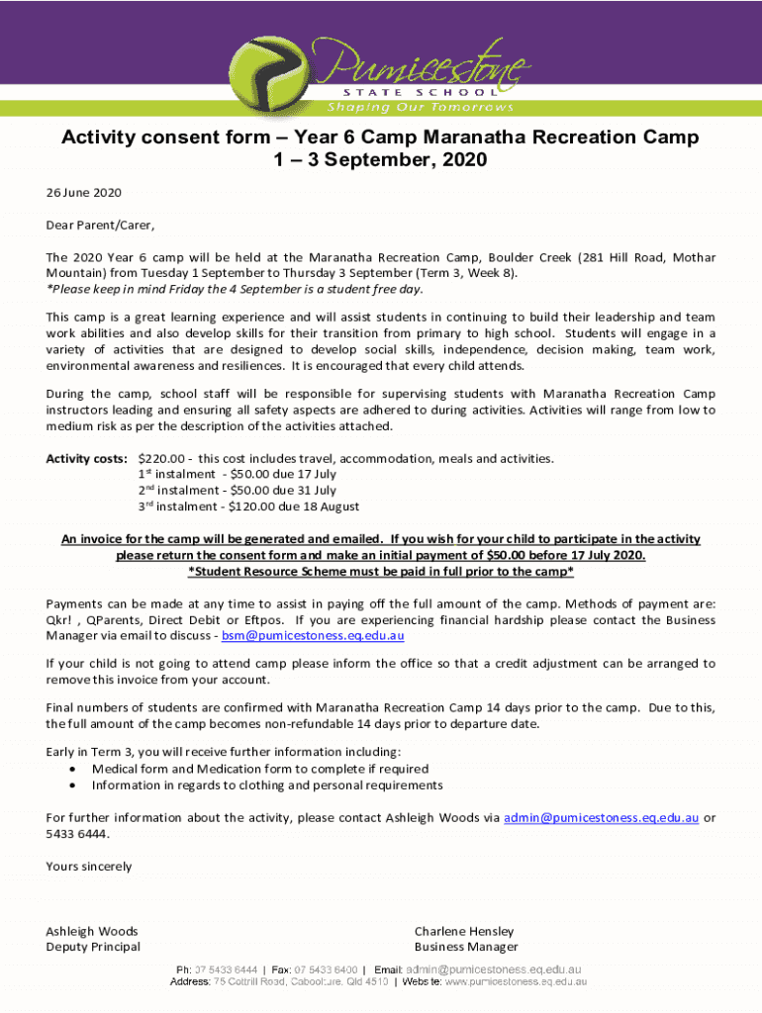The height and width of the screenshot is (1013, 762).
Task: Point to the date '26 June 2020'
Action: [x=83, y=192]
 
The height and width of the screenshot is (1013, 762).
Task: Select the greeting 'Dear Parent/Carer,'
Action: [x=100, y=225]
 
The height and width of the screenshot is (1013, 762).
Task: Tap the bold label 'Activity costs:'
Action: [x=86, y=458]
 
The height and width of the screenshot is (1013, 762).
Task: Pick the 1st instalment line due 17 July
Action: [x=238, y=474]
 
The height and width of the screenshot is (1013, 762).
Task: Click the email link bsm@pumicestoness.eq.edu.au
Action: [x=313, y=636]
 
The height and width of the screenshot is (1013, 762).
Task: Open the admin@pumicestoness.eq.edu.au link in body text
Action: [x=602, y=817]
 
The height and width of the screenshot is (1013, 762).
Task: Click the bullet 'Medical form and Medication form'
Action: [x=260, y=769]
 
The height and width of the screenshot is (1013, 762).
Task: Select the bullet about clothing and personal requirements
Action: [x=267, y=785]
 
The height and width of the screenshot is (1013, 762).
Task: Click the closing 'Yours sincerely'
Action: [x=89, y=867]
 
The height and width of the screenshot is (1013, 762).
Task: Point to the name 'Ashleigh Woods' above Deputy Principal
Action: [x=92, y=931]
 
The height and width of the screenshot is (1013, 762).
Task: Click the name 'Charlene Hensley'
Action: [x=464, y=931]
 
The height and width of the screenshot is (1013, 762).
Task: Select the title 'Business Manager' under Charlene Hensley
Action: [x=466, y=947]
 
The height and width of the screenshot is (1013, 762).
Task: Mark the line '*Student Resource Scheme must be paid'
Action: [x=381, y=572]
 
